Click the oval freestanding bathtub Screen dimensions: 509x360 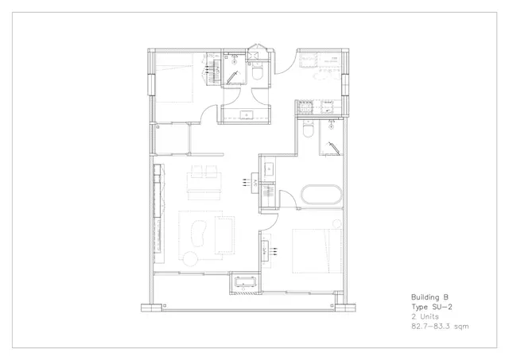pyautogui.click(x=321, y=195)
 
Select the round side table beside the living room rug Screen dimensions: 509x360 pyautogui.click(x=190, y=259)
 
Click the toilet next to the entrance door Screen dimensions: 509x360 pyautogui.click(x=258, y=72)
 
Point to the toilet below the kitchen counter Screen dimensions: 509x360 pyautogui.click(x=308, y=129)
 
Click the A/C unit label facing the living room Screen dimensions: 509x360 pyautogui.click(x=255, y=184)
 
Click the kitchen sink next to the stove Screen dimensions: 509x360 pyautogui.click(x=327, y=106)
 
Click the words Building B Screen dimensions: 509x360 pyautogui.click(x=429, y=297)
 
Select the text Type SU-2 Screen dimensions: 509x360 pyautogui.click(x=432, y=307)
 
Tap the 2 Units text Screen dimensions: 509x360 pyautogui.click(x=425, y=316)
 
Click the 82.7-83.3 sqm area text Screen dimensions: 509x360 pyautogui.click(x=440, y=327)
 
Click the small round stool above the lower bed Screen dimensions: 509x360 pyautogui.click(x=337, y=224)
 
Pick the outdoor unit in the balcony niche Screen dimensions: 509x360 pyautogui.click(x=245, y=282)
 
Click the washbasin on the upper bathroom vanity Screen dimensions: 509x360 pyautogui.click(x=247, y=114)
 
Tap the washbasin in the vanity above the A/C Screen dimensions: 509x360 pyautogui.click(x=269, y=169)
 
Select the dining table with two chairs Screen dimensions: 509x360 pyautogui.click(x=204, y=183)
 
